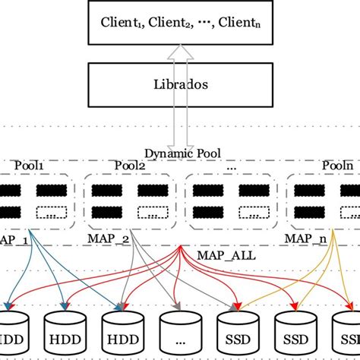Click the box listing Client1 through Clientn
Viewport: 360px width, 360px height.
click(x=179, y=22)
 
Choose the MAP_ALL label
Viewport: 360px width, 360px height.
click(x=222, y=256)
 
